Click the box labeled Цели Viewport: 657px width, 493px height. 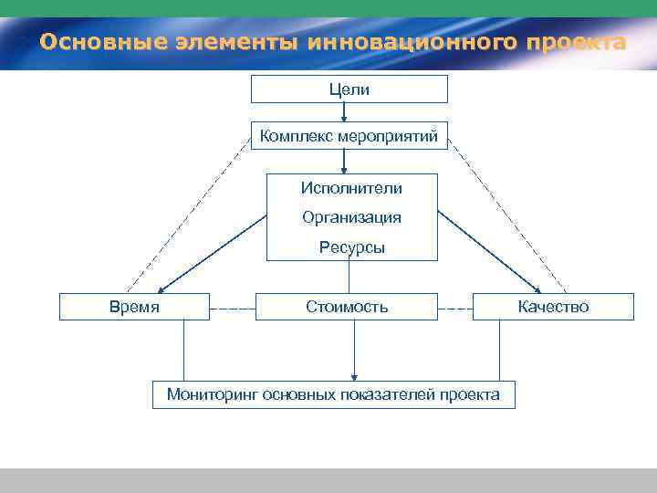click(x=349, y=89)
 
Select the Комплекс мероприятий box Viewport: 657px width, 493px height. click(x=349, y=137)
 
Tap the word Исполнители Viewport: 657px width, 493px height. click(x=351, y=188)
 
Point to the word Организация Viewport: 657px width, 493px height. click(x=351, y=218)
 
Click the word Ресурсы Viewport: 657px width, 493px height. click(x=351, y=247)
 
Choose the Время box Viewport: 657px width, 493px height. click(x=134, y=307)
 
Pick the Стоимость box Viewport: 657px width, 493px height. click(x=347, y=307)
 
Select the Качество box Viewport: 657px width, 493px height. click(x=553, y=307)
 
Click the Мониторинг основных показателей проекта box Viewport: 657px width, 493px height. click(x=333, y=394)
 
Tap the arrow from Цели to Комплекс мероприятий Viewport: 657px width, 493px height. click(x=344, y=112)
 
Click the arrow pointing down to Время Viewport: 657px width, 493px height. click(x=214, y=252)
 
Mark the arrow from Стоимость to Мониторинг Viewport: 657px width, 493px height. click(x=354, y=351)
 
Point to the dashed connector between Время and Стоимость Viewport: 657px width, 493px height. click(x=232, y=309)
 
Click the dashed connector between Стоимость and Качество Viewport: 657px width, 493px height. click(x=455, y=309)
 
